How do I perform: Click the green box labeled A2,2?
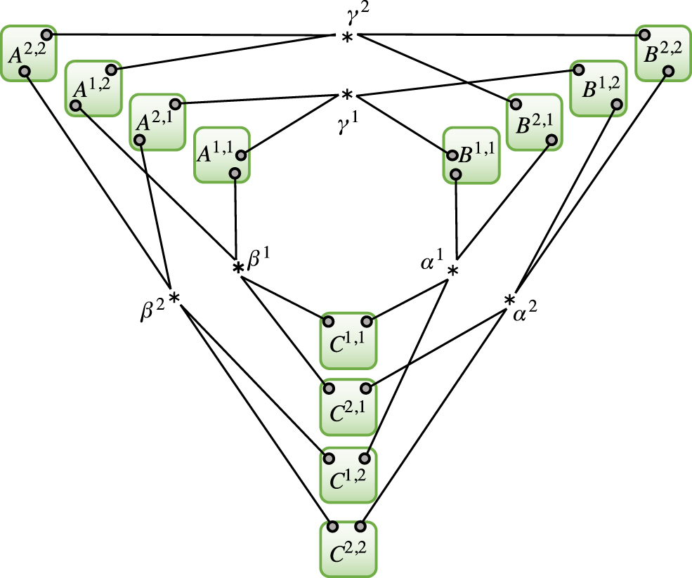[29, 53]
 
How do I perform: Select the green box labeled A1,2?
[93, 88]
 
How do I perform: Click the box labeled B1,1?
[470, 155]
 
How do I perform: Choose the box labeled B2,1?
[535, 122]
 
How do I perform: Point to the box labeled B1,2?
[598, 88]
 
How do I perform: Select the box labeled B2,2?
[662, 53]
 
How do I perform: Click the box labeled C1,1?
[348, 341]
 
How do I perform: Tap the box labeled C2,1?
[348, 407]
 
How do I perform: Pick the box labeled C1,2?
[348, 474]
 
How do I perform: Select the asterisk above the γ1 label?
[346, 94]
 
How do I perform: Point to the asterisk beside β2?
[174, 299]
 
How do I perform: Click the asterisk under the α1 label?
[454, 272]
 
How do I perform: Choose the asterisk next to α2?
[509, 301]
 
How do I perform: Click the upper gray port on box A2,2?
[46, 34]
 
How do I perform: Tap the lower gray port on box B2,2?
[668, 71]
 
